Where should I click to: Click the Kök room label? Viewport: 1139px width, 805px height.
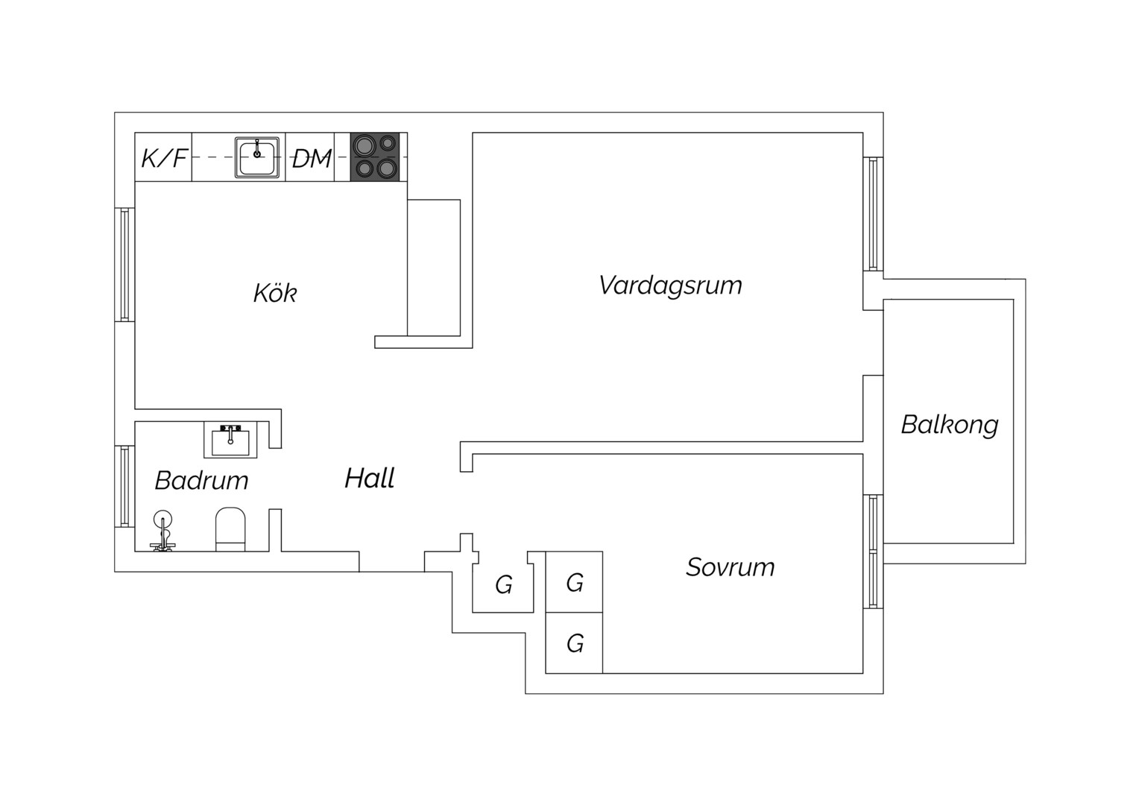click(274, 293)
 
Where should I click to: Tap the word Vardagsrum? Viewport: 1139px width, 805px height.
click(670, 285)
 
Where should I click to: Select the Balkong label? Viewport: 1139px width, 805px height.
click(950, 425)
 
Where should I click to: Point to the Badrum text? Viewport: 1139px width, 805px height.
click(201, 481)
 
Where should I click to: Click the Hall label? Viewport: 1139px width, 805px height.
click(370, 478)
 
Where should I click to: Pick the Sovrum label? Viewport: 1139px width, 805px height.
click(731, 567)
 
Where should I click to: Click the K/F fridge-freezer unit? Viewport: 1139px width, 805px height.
click(163, 157)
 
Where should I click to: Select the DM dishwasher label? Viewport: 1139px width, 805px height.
click(312, 158)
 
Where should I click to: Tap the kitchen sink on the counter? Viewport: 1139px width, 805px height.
click(256, 157)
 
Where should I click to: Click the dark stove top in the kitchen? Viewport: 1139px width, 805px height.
click(375, 157)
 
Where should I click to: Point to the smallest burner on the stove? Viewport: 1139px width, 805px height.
click(388, 143)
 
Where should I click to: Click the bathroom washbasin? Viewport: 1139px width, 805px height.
click(230, 440)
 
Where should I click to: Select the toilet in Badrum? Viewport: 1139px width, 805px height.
click(230, 529)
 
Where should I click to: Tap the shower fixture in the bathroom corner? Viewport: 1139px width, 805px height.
click(163, 531)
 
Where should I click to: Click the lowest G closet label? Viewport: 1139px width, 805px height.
click(575, 644)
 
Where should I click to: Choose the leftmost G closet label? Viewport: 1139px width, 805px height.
click(503, 585)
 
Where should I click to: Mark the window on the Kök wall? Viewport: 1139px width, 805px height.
click(124, 265)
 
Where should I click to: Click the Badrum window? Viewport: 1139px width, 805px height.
click(124, 486)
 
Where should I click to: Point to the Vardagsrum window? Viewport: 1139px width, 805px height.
click(873, 214)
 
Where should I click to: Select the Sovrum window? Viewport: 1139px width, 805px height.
click(873, 552)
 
